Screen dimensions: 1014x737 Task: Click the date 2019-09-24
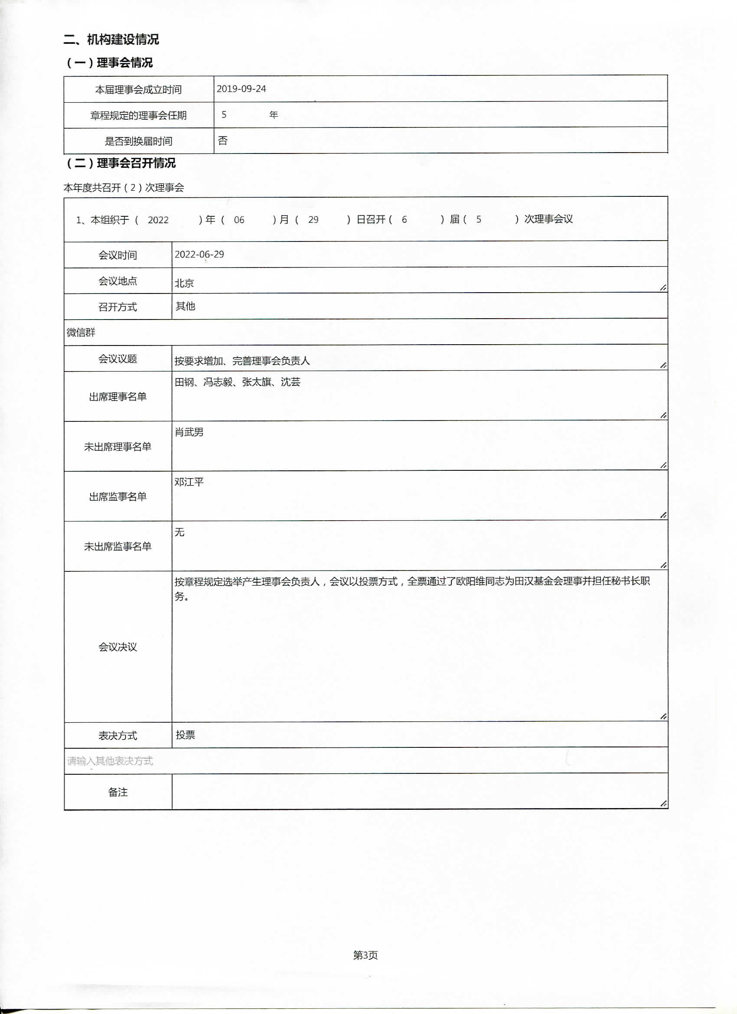pyautogui.click(x=241, y=88)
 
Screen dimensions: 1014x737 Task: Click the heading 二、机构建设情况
pyautogui.click(x=111, y=39)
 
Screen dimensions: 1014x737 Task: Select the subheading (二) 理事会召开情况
pyautogui.click(x=121, y=163)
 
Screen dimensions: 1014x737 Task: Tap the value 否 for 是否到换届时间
pyautogui.click(x=223, y=141)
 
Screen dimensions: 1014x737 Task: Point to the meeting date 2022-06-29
pyautogui.click(x=199, y=254)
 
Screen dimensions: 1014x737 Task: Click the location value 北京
pyautogui.click(x=184, y=283)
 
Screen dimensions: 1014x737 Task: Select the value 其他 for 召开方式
pyautogui.click(x=185, y=306)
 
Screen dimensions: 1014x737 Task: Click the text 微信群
pyautogui.click(x=81, y=332)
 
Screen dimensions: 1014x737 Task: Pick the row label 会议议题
pyautogui.click(x=117, y=359)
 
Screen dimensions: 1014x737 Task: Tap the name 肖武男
pyautogui.click(x=189, y=432)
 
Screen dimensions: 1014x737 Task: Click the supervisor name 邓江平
pyautogui.click(x=189, y=482)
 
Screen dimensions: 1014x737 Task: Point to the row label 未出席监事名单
pyautogui.click(x=117, y=546)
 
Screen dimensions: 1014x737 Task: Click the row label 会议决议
pyautogui.click(x=117, y=647)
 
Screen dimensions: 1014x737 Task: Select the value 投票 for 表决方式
pyautogui.click(x=185, y=735)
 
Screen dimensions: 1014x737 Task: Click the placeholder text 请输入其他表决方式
pyautogui.click(x=110, y=761)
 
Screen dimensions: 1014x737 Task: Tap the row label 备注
pyautogui.click(x=117, y=792)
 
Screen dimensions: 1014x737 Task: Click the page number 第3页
pyautogui.click(x=365, y=955)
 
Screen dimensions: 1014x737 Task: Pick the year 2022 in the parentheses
pyautogui.click(x=158, y=220)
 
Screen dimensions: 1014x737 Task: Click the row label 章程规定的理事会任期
pyautogui.click(x=138, y=115)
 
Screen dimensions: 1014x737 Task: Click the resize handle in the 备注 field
pyautogui.click(x=663, y=803)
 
